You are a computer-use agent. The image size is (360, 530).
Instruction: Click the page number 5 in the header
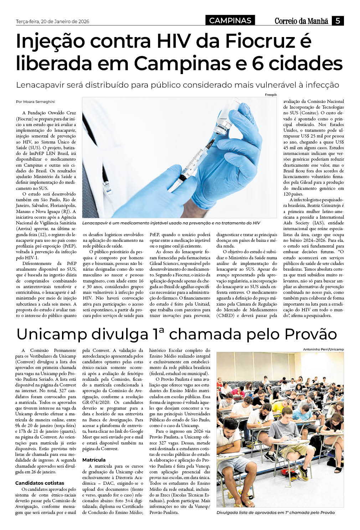[x=338, y=21]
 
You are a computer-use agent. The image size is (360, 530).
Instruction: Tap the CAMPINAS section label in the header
[x=230, y=21]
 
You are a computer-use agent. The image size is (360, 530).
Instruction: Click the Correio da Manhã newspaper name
[x=301, y=21]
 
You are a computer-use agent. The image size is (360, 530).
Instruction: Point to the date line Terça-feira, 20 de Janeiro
[x=52, y=21]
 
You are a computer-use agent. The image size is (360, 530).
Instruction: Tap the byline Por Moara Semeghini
[x=36, y=102]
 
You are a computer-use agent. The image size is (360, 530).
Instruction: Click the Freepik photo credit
[x=271, y=95]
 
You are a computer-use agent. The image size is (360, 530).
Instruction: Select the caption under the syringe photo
[x=171, y=223]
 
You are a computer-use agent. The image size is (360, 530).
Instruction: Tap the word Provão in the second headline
[x=310, y=334]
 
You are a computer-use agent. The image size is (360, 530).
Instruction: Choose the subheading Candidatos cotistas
[x=40, y=483]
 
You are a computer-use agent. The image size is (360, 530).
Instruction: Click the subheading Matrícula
[x=94, y=460]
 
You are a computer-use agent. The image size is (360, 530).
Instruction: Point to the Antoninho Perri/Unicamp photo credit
[x=323, y=349]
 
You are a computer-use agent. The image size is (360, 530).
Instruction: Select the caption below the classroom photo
[x=276, y=512]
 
